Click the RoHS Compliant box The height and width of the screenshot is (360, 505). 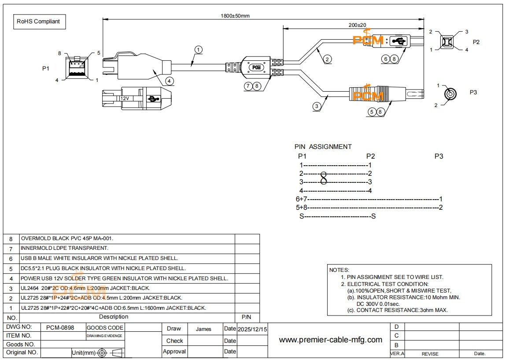pos(38,21)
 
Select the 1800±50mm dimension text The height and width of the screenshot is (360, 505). pos(235,16)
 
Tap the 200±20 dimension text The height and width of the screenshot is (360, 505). pos(357,25)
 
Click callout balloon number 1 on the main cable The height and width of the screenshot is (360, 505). pos(199,50)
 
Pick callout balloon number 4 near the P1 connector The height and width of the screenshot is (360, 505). pos(170,81)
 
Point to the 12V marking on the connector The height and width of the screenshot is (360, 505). pos(125,99)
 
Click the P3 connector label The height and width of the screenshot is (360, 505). pos(473,92)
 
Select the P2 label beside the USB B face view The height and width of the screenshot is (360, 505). pos(476,42)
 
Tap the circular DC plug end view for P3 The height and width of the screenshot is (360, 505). pos(450,94)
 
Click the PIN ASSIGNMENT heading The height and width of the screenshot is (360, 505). pos(323,147)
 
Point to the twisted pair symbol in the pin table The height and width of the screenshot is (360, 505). pos(324,178)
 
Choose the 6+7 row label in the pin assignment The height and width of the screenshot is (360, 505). pos(301,199)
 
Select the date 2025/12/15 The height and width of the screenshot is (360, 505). pos(252,329)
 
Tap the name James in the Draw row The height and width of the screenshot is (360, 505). pos(203,329)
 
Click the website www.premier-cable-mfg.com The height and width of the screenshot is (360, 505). pos(331,339)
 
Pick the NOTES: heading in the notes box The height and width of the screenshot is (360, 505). pos(339,270)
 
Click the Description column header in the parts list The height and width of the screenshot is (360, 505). pos(114,317)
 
